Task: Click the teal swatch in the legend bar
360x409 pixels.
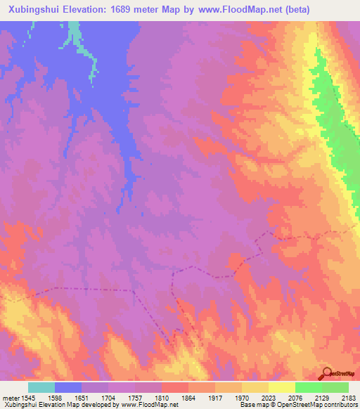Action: click(41, 387)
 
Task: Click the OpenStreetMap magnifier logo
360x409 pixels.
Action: click(326, 373)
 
